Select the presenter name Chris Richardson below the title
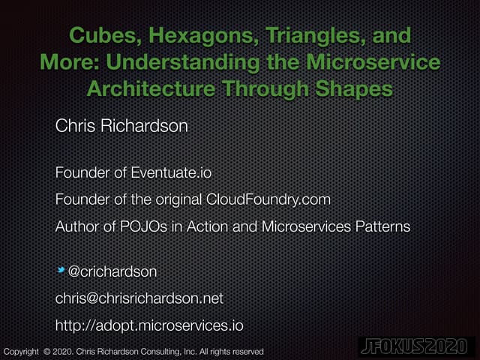(x=121, y=124)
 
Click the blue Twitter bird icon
(x=61, y=269)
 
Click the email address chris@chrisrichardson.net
(x=139, y=298)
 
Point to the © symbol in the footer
(x=46, y=351)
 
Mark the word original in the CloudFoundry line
(x=174, y=199)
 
